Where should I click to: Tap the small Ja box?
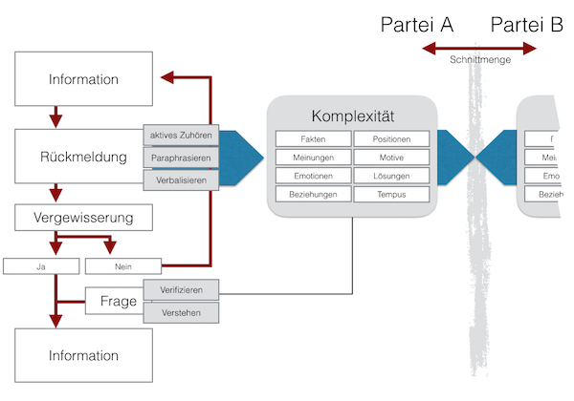click(x=41, y=265)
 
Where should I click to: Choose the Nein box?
click(x=121, y=265)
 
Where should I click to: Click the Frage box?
click(x=113, y=302)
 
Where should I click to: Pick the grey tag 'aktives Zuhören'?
click(x=181, y=135)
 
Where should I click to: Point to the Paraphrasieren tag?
click(x=181, y=157)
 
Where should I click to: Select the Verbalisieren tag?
click(x=181, y=179)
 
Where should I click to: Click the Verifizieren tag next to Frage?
click(x=181, y=289)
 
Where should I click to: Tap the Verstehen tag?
click(x=181, y=311)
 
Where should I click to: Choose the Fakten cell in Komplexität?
click(x=313, y=139)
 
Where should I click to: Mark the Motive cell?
click(x=391, y=158)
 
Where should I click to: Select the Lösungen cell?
click(x=391, y=176)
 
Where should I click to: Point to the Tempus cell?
click(x=391, y=194)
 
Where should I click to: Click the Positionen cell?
click(x=391, y=139)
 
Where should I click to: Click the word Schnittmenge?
click(x=480, y=59)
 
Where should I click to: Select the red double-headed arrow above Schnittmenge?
click(x=480, y=46)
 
